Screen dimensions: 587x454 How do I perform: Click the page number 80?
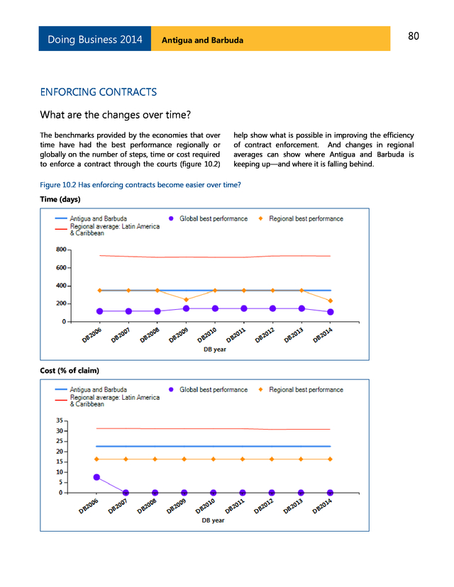pos(414,37)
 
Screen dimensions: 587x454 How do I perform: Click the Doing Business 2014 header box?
pos(95,39)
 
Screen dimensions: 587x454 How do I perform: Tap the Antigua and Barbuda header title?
pos(202,40)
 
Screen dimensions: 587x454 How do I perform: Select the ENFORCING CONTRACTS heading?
pos(99,93)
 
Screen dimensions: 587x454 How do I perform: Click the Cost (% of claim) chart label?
pos(70,371)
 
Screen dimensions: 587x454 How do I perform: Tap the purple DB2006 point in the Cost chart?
pos(96,477)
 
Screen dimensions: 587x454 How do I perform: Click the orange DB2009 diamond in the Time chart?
pos(186,300)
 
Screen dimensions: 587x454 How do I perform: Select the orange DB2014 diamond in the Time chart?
pos(331,301)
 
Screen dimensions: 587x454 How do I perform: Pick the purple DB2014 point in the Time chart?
pos(331,312)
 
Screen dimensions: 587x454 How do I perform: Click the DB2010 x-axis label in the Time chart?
pos(206,333)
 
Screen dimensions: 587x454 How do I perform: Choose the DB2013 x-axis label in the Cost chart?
pos(294,505)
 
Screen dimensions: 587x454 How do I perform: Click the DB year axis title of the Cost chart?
pos(213,520)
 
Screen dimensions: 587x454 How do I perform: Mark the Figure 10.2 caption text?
pos(140,185)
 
